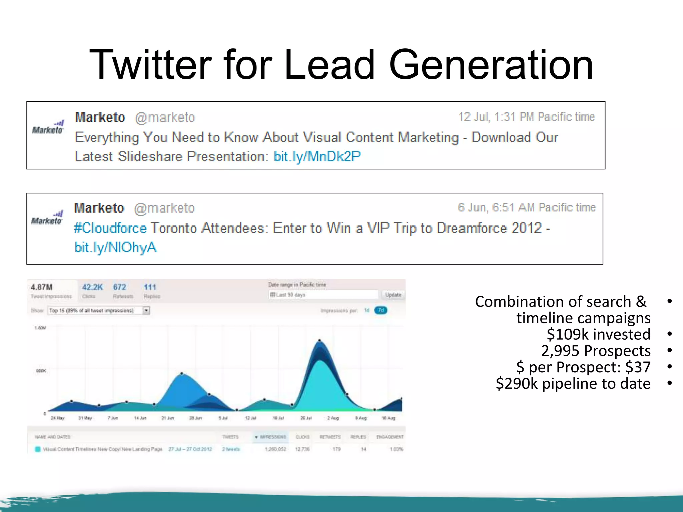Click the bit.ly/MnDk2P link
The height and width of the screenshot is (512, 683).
[x=317, y=156]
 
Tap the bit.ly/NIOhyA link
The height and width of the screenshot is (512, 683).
[x=115, y=247]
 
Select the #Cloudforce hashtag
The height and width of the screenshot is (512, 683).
[x=110, y=228]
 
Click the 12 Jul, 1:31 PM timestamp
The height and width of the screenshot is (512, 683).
[x=526, y=117]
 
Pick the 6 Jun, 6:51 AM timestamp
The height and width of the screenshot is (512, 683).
[x=526, y=208]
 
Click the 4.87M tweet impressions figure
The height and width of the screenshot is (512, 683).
[x=42, y=287]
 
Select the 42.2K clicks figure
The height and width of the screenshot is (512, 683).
[x=92, y=287]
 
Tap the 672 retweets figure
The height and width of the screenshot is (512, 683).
[x=119, y=287]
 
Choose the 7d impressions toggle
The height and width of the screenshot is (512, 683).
[x=381, y=310]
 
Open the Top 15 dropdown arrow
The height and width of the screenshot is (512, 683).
[x=146, y=311]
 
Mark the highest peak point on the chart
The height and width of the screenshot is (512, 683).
[x=319, y=340]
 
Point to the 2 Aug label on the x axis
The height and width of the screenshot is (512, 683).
[x=333, y=418]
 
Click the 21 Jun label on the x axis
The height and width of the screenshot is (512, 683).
[x=167, y=418]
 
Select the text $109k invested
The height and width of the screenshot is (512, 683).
[x=598, y=334]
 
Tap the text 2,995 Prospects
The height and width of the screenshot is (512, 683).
[x=596, y=351]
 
